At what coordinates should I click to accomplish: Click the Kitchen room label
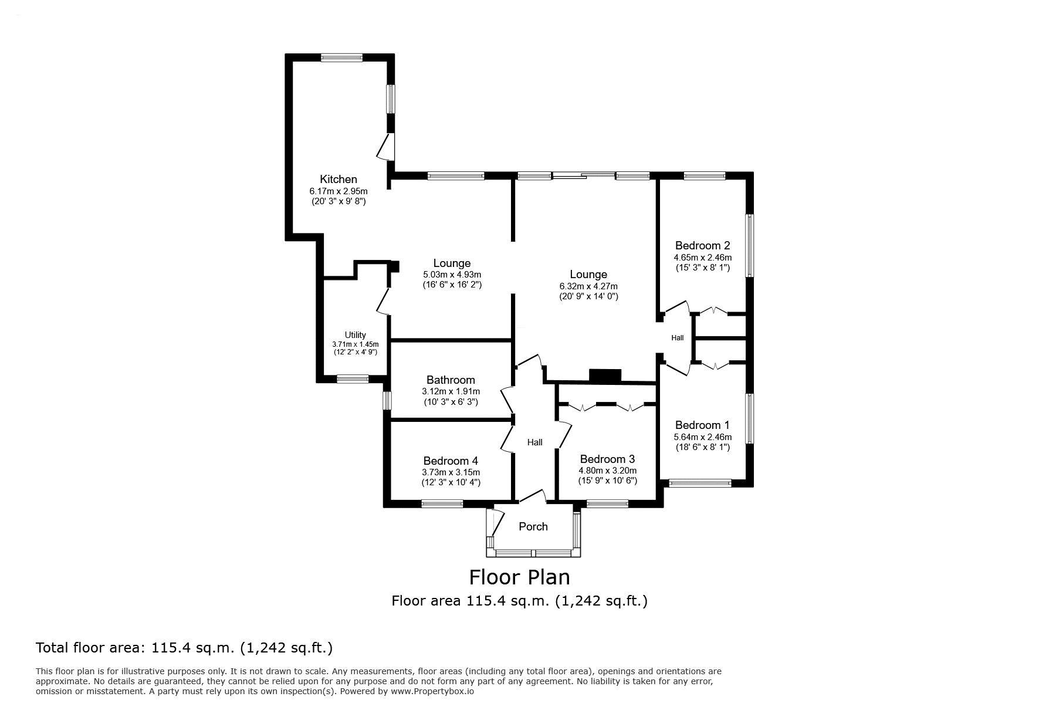pyautogui.click(x=339, y=179)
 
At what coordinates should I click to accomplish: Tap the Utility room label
pyautogui.click(x=356, y=335)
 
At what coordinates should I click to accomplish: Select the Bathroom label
pyautogui.click(x=451, y=380)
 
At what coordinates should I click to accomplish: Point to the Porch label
pyautogui.click(x=533, y=526)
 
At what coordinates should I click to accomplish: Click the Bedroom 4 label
pyautogui.click(x=451, y=461)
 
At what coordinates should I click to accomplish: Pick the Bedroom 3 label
pyautogui.click(x=607, y=459)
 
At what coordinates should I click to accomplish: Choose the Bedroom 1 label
pyautogui.click(x=702, y=425)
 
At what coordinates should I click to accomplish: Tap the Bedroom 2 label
pyautogui.click(x=702, y=245)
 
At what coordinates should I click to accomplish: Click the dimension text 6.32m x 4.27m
pyautogui.click(x=588, y=286)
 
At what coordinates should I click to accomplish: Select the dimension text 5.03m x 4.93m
pyautogui.click(x=452, y=275)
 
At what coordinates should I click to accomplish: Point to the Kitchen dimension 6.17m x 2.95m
pyautogui.click(x=339, y=191)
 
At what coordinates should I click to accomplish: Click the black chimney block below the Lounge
pyautogui.click(x=605, y=376)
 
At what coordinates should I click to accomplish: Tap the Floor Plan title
pyautogui.click(x=519, y=577)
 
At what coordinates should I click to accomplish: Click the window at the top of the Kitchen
pyautogui.click(x=341, y=58)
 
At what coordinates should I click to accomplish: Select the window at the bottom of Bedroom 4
pyautogui.click(x=442, y=503)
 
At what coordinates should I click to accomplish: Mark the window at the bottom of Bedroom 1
pyautogui.click(x=700, y=483)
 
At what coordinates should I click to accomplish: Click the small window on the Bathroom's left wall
pyautogui.click(x=387, y=401)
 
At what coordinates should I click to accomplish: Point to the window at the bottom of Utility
pyautogui.click(x=353, y=379)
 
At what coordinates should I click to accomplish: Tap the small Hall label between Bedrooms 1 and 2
pyautogui.click(x=678, y=338)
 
